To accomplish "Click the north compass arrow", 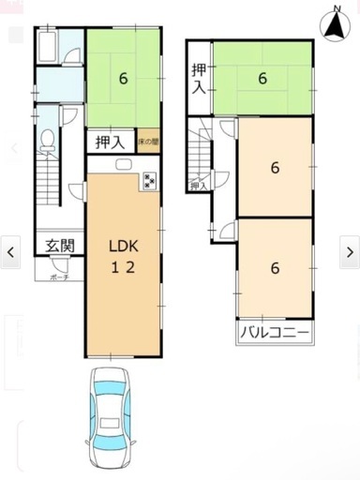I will [x=334, y=23].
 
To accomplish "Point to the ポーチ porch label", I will [x=59, y=277].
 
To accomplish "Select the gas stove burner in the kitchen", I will [x=150, y=181].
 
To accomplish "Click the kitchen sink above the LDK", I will [x=122, y=166].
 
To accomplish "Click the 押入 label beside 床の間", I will [x=111, y=142].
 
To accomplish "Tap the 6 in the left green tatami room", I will [x=123, y=78].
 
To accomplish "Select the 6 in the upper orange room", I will [x=274, y=168].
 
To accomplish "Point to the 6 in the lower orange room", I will [x=274, y=267].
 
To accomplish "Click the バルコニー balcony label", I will [x=275, y=332].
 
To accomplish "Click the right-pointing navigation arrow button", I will [x=349, y=251].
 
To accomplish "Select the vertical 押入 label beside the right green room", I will [x=199, y=80].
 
